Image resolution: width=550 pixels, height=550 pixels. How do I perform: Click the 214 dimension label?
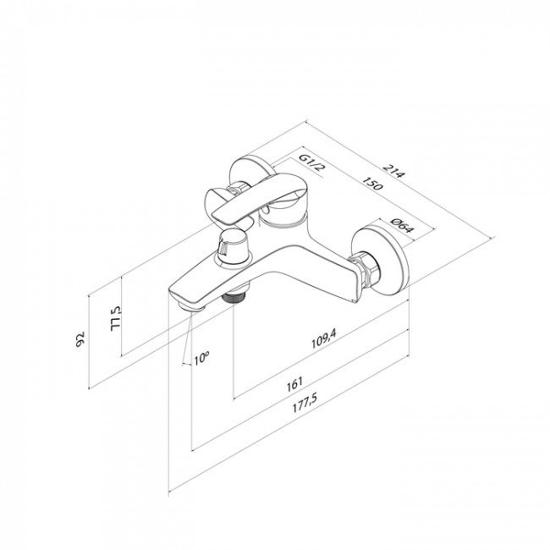coord(393,171)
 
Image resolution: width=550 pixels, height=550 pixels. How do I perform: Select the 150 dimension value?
coord(371,184)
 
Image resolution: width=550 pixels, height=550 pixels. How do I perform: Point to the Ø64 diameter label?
coord(403,226)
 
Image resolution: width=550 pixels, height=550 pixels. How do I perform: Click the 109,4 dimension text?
coord(323,338)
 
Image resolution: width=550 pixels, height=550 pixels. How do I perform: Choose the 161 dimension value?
coord(294,384)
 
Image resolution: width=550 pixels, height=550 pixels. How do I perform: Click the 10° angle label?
coord(201,359)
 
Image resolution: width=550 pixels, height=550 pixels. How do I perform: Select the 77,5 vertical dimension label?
coord(115,319)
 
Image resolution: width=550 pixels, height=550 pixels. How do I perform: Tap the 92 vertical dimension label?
coord(80,339)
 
